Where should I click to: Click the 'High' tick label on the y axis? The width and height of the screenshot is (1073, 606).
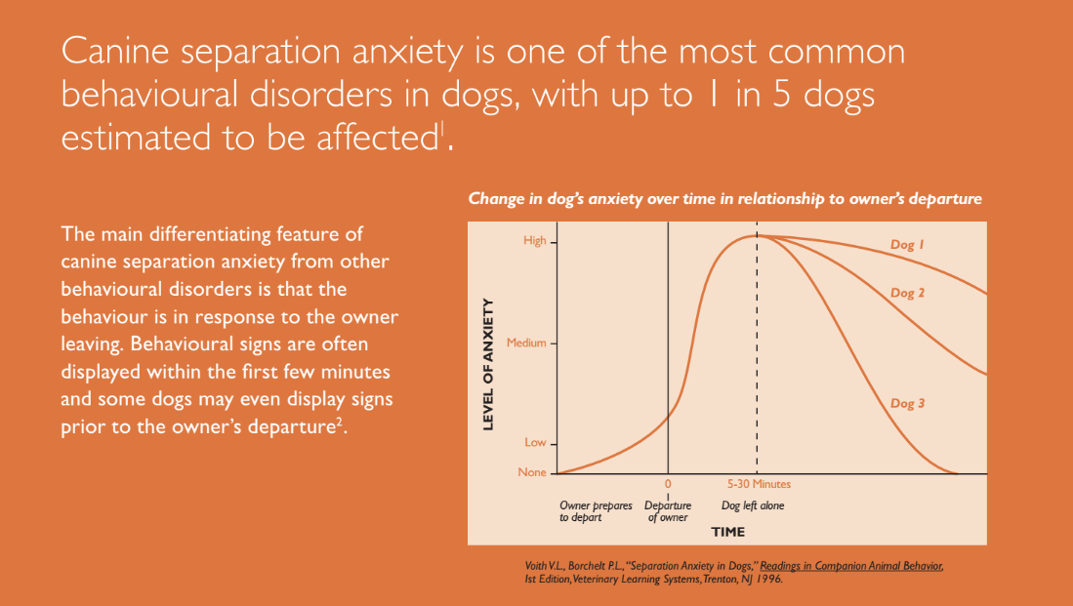click(x=534, y=241)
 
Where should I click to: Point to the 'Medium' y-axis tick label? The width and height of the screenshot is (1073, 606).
click(x=526, y=343)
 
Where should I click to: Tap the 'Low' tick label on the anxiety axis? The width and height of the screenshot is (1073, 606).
click(x=535, y=443)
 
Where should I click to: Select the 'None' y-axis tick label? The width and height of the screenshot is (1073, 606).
click(x=532, y=473)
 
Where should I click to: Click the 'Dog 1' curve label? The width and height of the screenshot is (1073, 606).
click(x=907, y=246)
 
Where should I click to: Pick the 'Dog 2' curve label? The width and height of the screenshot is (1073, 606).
click(x=907, y=293)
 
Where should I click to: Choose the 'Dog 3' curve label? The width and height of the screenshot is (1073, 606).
click(x=907, y=404)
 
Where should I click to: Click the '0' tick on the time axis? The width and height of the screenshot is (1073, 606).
click(x=668, y=484)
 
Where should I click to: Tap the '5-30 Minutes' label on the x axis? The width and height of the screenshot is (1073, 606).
click(x=759, y=484)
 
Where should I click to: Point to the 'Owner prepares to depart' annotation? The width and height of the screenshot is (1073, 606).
click(x=596, y=511)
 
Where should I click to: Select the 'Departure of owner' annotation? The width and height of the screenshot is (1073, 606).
click(x=668, y=511)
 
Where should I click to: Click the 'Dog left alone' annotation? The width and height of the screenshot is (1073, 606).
click(x=753, y=505)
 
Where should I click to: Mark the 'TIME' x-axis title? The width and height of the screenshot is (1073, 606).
click(x=728, y=532)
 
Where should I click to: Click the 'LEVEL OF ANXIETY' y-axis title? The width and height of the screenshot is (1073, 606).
click(x=489, y=363)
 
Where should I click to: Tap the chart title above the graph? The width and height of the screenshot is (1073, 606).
click(x=724, y=199)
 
